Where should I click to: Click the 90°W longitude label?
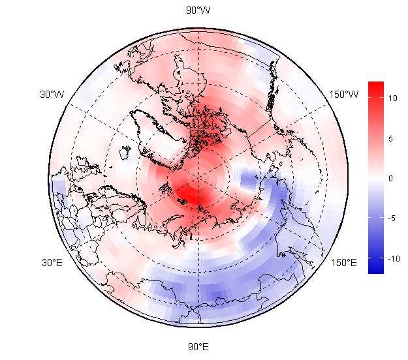point(198,10)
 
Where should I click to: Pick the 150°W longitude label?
point(343,95)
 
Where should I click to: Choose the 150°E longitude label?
point(343,263)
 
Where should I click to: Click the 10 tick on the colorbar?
point(393,98)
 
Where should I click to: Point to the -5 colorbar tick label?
point(393,218)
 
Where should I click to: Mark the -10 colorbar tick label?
point(393,259)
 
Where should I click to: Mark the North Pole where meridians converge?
point(198,177)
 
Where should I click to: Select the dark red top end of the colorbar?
point(375,85)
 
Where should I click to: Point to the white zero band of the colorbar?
point(375,178)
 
